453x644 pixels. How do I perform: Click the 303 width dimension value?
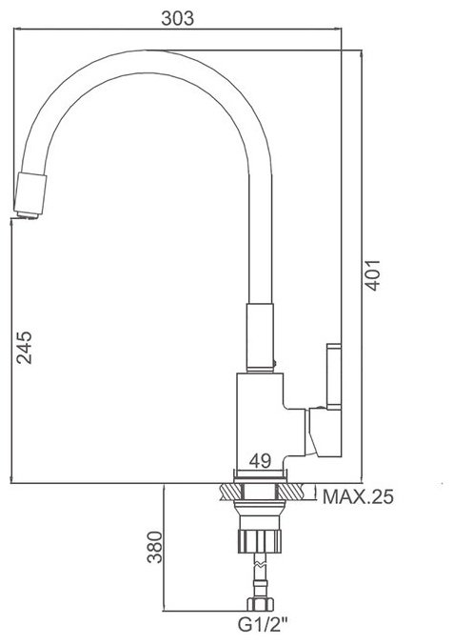pos(177,18)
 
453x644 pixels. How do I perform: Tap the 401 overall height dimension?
pos(372,275)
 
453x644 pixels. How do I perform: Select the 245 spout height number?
pos(24,348)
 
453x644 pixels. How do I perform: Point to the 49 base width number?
pos(260,461)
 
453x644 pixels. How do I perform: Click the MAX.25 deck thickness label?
pos(358,497)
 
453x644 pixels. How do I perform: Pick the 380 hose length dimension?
pos(155,547)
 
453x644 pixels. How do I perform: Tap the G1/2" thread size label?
pos(263,626)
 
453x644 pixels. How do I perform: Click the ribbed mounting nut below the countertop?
pos(259,541)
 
